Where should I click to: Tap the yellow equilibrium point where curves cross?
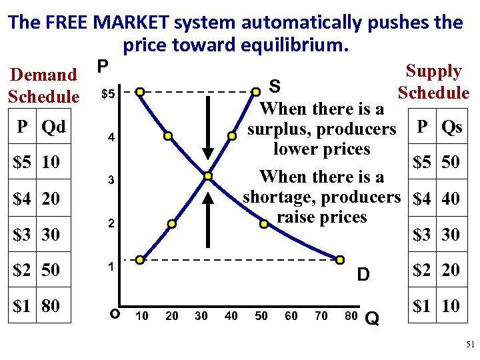[208, 176]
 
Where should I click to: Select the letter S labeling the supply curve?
[273, 87]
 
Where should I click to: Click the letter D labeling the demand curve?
[363, 274]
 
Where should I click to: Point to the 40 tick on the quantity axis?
[231, 315]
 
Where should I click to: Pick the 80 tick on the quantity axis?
[351, 315]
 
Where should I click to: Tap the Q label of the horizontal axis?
[373, 321]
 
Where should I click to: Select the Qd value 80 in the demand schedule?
[51, 306]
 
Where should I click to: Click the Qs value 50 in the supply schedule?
[451, 163]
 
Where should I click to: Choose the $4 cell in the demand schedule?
[23, 198]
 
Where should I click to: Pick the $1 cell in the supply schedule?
[422, 306]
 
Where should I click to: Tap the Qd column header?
[53, 127]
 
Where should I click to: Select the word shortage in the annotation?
[275, 197]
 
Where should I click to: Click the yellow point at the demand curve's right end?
[339, 259]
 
